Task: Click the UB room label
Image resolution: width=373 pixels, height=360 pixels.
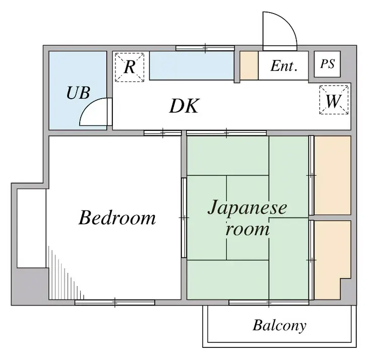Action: [x=78, y=93]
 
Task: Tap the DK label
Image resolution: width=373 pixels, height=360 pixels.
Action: [x=184, y=106]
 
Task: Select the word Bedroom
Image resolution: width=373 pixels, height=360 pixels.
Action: [x=117, y=218]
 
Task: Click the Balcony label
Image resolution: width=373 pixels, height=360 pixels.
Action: [x=280, y=326]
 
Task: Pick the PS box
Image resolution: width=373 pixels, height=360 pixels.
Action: [x=327, y=64]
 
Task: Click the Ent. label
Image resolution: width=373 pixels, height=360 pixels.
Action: [x=284, y=66]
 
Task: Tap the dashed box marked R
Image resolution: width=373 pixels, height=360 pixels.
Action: [x=130, y=67]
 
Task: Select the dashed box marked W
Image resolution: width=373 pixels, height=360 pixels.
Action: [x=334, y=100]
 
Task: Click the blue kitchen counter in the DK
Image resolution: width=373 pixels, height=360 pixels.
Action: [x=192, y=65]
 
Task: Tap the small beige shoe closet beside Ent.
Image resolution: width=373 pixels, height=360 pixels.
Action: [x=249, y=65]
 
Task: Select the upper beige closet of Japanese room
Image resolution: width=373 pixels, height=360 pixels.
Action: [x=333, y=175]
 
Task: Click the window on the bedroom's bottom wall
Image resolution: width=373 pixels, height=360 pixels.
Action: [x=115, y=303]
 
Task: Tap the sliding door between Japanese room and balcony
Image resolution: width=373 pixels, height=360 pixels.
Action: [x=269, y=303]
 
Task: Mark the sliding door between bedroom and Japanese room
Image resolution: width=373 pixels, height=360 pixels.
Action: [x=184, y=218]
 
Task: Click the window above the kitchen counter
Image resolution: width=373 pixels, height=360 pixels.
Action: [x=205, y=48]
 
